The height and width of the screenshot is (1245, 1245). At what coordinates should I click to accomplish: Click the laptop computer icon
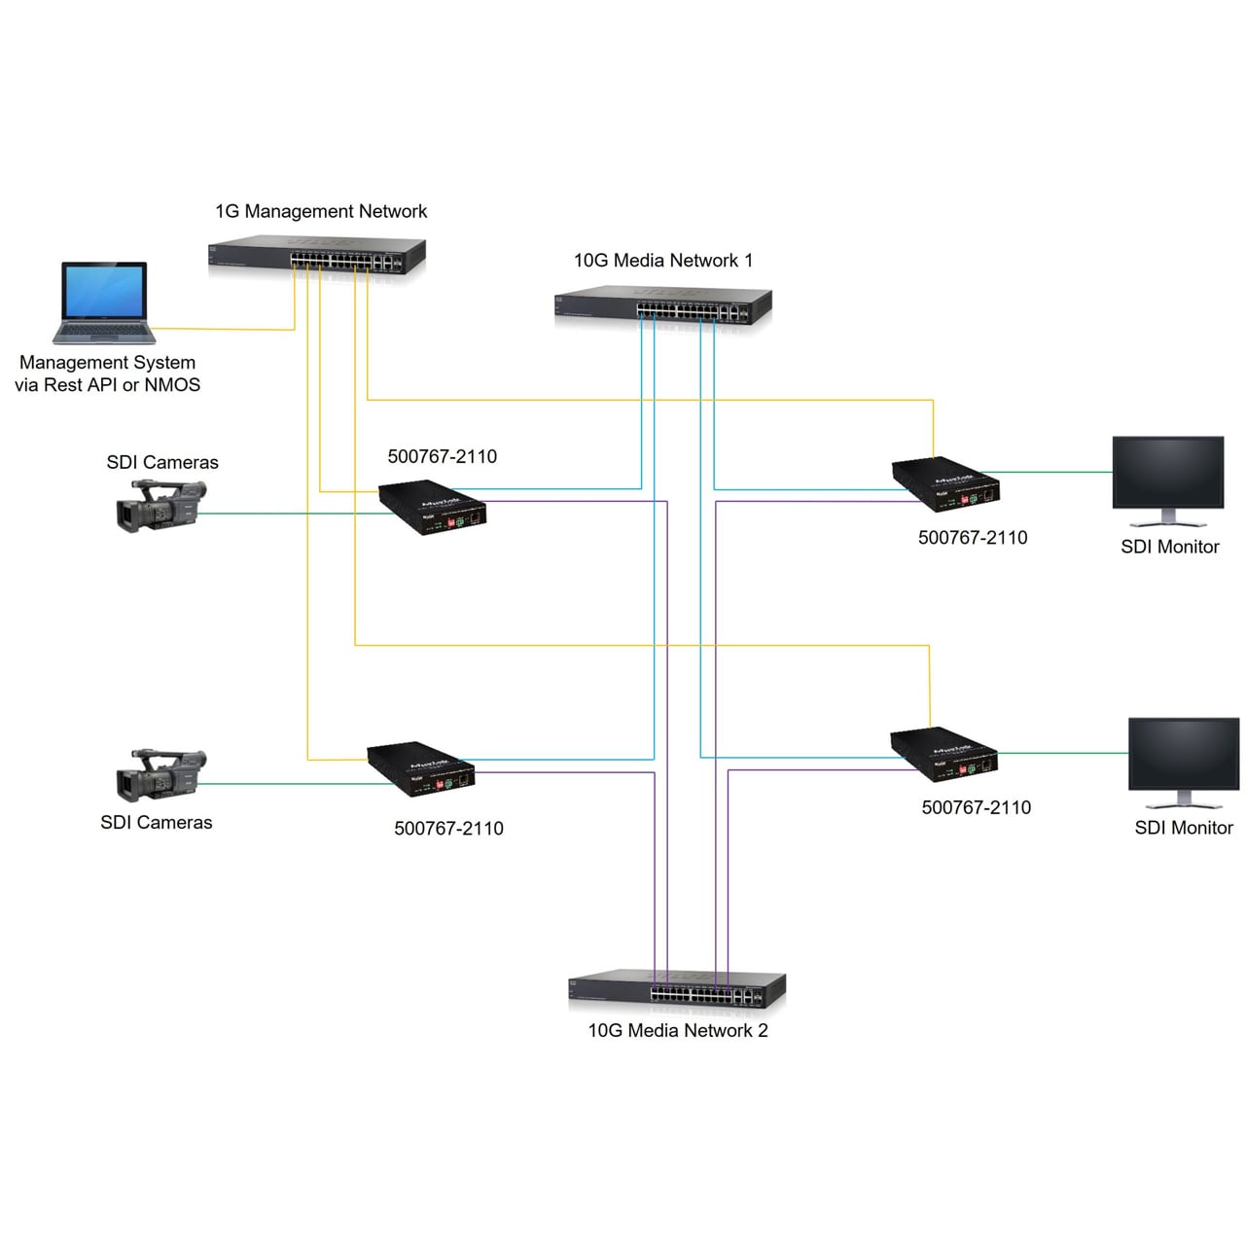[x=104, y=302]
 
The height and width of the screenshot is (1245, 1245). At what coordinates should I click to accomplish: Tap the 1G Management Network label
[x=321, y=211]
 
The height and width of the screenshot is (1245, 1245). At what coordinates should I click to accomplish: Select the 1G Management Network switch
[x=317, y=257]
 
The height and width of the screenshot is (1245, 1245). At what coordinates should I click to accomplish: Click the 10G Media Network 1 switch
[x=662, y=306]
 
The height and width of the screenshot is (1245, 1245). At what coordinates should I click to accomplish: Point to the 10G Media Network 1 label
[x=662, y=261]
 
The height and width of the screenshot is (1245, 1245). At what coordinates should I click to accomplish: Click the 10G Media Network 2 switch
[x=676, y=990]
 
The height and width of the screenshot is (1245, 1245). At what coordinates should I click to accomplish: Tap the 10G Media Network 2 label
[x=677, y=1030]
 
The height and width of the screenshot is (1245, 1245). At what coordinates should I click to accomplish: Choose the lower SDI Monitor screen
[x=1183, y=755]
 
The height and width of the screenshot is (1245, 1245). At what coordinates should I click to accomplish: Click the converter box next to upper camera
[x=432, y=507]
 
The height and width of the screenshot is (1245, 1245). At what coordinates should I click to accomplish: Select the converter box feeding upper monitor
[x=945, y=483]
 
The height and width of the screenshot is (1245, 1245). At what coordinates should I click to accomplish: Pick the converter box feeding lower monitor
[x=943, y=754]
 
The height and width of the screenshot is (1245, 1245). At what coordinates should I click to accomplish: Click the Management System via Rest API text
[x=107, y=373]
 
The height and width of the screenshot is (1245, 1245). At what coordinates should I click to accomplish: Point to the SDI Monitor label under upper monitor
[x=1169, y=547]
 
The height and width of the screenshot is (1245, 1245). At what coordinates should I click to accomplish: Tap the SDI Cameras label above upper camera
[x=162, y=462]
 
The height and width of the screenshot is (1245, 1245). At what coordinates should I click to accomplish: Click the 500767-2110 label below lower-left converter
[x=448, y=829]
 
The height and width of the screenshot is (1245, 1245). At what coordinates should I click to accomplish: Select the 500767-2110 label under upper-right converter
[x=973, y=538]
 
